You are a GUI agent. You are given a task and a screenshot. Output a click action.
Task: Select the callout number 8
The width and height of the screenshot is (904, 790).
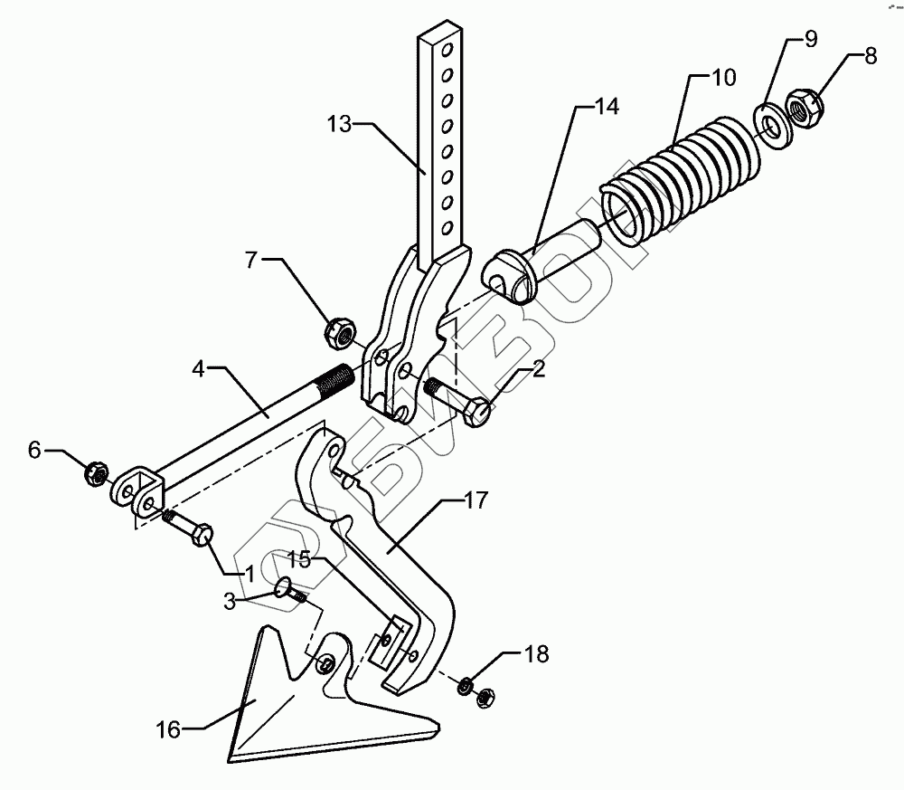870,56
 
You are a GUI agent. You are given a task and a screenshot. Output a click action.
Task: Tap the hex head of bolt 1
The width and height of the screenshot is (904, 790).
202,534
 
